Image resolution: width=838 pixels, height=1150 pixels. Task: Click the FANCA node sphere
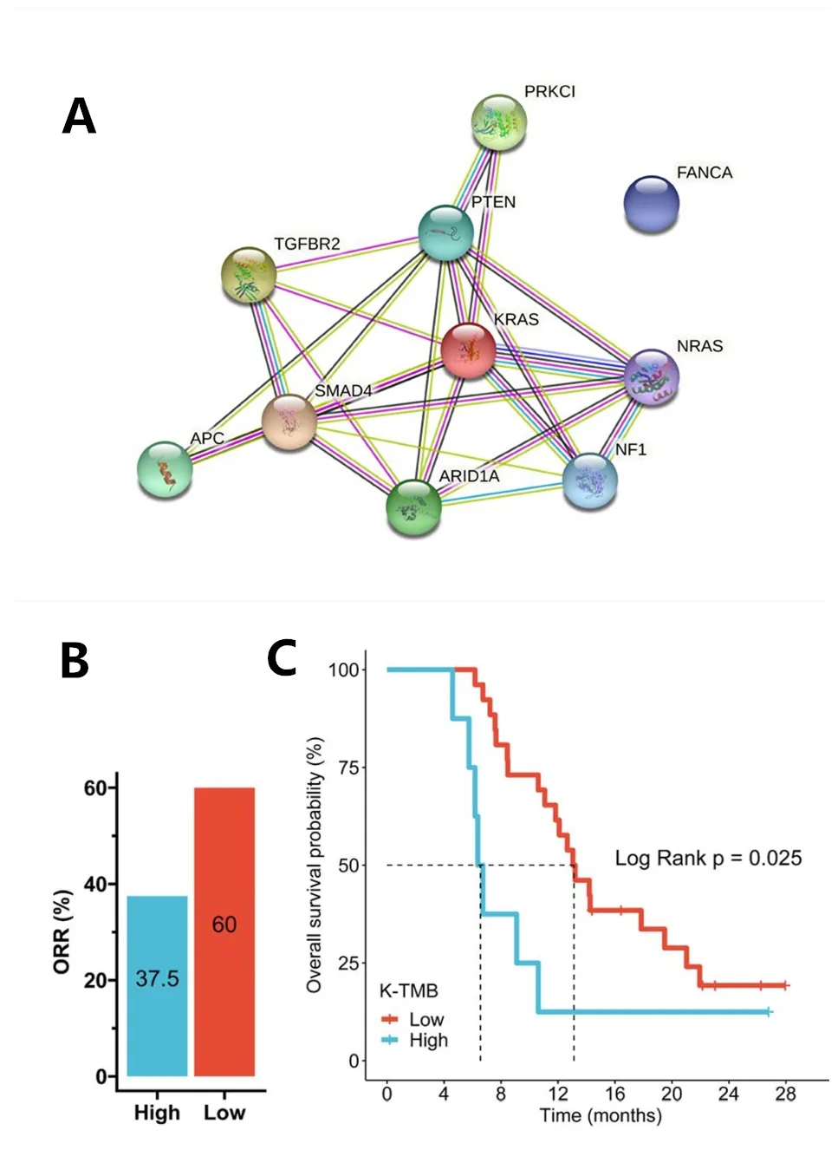pyautogui.click(x=651, y=204)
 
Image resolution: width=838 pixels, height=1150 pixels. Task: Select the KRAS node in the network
pyautogui.click(x=468, y=350)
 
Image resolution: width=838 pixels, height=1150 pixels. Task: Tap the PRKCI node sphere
pyautogui.click(x=499, y=122)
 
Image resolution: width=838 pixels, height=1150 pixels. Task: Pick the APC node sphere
pyautogui.click(x=165, y=469)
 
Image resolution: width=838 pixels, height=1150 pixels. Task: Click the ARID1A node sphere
pyautogui.click(x=413, y=507)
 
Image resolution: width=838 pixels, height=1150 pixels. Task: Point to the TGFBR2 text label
pyautogui.click(x=307, y=245)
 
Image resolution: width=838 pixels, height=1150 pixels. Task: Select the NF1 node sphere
pyautogui.click(x=590, y=480)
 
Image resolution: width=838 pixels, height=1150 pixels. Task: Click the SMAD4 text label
pyautogui.click(x=343, y=391)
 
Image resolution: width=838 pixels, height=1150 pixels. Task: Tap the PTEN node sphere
pyautogui.click(x=445, y=232)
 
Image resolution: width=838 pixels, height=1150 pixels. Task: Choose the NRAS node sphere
pyautogui.click(x=652, y=377)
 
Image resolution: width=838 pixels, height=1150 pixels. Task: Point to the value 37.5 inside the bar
pyautogui.click(x=157, y=979)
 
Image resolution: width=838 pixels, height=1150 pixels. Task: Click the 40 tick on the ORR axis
pyautogui.click(x=94, y=885)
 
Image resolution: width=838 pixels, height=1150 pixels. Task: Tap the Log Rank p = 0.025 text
pyautogui.click(x=708, y=859)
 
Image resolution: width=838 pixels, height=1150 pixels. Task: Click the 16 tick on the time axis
pyautogui.click(x=614, y=1094)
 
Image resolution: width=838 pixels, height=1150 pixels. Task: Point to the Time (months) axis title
pyautogui.click(x=600, y=1115)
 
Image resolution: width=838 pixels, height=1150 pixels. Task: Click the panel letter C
pyautogui.click(x=282, y=658)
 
